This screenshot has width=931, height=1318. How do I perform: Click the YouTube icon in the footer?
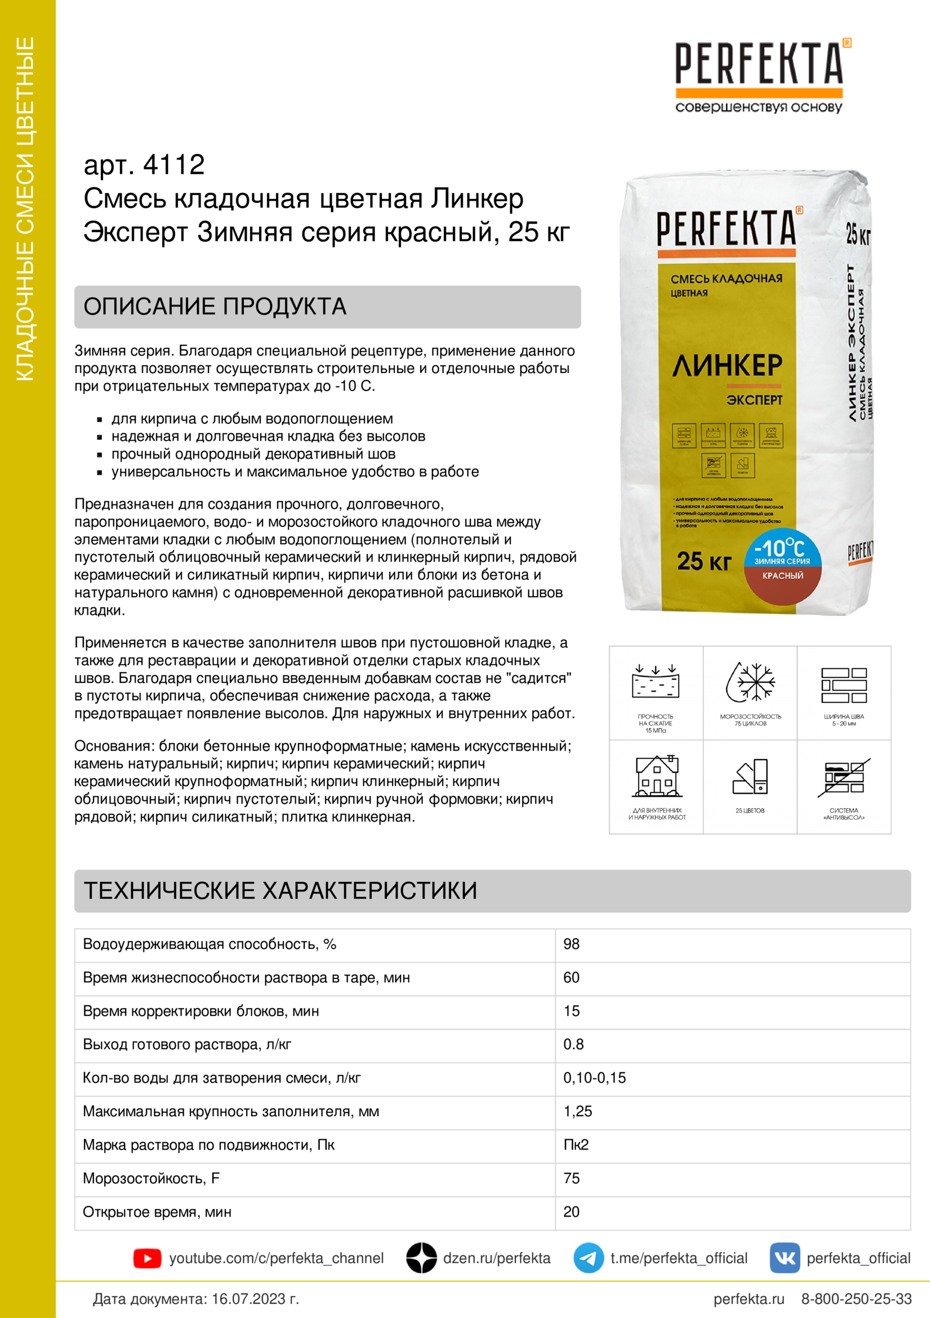(x=147, y=1258)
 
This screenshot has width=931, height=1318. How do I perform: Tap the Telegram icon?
(x=588, y=1258)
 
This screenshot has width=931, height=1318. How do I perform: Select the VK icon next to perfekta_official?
(x=785, y=1258)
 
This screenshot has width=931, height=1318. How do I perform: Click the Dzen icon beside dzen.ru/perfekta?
(x=422, y=1258)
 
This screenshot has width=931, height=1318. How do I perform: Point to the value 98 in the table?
(x=571, y=944)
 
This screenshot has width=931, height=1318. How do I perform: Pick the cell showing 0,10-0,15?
(x=594, y=1078)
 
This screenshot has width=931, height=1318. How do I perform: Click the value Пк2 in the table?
(x=576, y=1144)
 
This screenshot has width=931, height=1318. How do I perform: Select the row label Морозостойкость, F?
(x=152, y=1178)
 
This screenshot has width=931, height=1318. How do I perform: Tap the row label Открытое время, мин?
(x=157, y=1212)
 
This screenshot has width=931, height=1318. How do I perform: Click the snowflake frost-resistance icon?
(x=750, y=682)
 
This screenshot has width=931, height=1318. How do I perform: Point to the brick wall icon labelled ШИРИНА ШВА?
(x=844, y=685)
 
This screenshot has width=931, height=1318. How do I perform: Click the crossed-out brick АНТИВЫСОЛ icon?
(x=844, y=777)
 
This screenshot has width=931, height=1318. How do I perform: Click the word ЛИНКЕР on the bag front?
(x=727, y=366)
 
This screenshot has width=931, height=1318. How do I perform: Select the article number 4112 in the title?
(x=174, y=165)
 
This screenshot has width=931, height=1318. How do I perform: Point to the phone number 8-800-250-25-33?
(x=856, y=1298)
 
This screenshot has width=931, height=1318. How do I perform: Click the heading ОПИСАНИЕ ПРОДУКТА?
(x=215, y=307)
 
